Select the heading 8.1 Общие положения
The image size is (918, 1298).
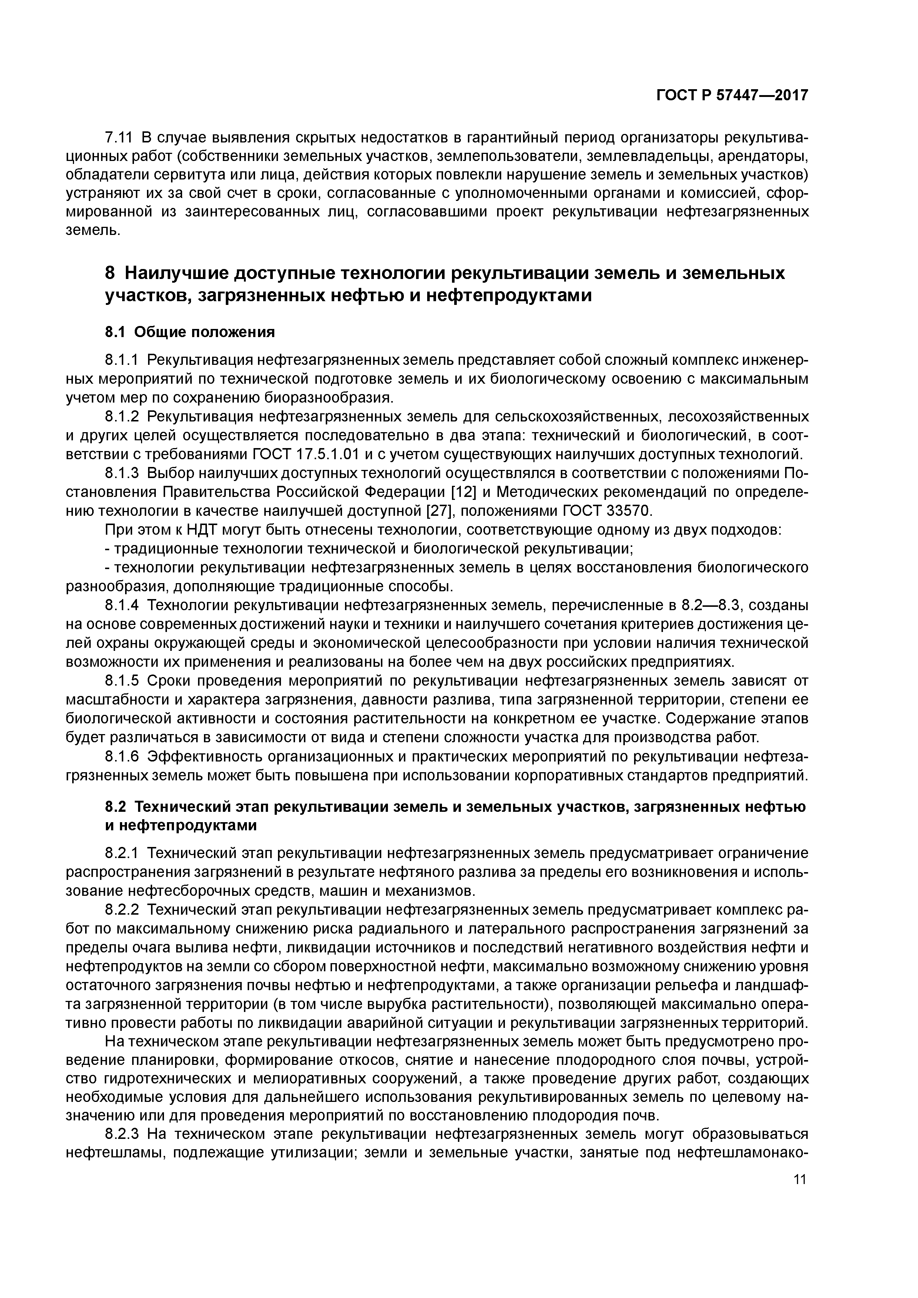point(190,332)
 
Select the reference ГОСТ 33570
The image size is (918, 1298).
point(607,511)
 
